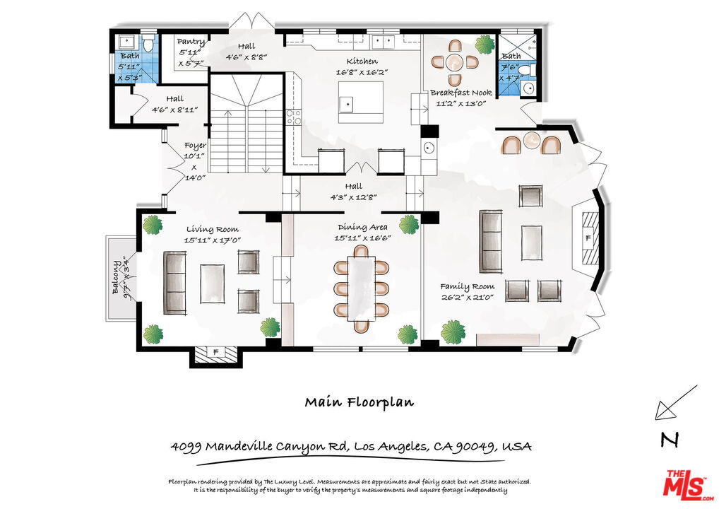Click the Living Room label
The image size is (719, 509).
pos(212,229)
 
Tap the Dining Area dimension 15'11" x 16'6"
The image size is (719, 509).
pos(362,238)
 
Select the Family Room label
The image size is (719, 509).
pos(467,286)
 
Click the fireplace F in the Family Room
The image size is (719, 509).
pos(588,239)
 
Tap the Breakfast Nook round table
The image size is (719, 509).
pos(456,61)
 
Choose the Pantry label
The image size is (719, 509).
pos(191,42)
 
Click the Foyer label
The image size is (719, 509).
pos(195,146)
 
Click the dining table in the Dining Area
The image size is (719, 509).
pos(362,287)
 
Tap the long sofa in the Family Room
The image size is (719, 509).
pos(489,241)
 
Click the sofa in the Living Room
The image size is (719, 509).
pos(174,282)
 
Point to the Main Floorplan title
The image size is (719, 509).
pos(359,402)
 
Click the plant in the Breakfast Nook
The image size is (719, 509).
pos(485,45)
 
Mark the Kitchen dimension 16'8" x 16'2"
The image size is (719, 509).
pos(362,72)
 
